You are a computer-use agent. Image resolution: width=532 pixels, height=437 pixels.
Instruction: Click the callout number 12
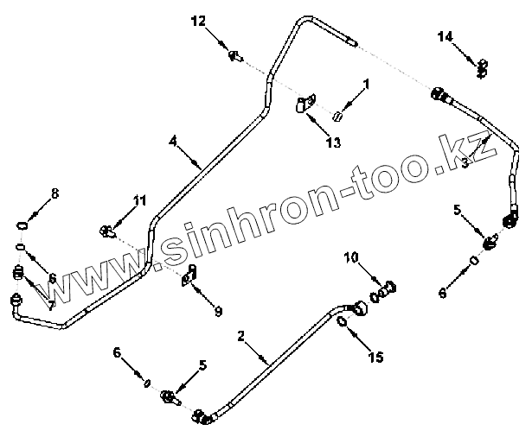[x=199, y=21]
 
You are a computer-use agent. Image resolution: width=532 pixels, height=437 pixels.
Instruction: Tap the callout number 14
[x=445, y=36]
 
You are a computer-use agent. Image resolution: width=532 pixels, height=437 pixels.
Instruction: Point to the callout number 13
[x=332, y=142]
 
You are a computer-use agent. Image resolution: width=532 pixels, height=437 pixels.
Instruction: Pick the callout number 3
[x=465, y=163]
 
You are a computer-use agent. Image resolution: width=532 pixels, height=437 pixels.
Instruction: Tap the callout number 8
[x=55, y=193]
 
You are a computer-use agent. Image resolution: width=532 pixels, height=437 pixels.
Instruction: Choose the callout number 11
[x=140, y=200]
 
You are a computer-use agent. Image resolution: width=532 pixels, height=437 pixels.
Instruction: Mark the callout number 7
[x=51, y=306]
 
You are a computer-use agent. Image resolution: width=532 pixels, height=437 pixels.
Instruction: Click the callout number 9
[x=218, y=312]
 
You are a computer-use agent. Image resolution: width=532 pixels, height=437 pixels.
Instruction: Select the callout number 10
[x=351, y=257]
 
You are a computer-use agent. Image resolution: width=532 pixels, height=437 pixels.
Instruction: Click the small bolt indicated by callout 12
[x=234, y=56]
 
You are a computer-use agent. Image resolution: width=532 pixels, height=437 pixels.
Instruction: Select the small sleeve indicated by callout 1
[x=339, y=117]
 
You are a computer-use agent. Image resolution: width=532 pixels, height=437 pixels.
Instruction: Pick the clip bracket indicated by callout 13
[x=303, y=105]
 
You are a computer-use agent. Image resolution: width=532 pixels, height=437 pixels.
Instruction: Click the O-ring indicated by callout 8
[x=24, y=226]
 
